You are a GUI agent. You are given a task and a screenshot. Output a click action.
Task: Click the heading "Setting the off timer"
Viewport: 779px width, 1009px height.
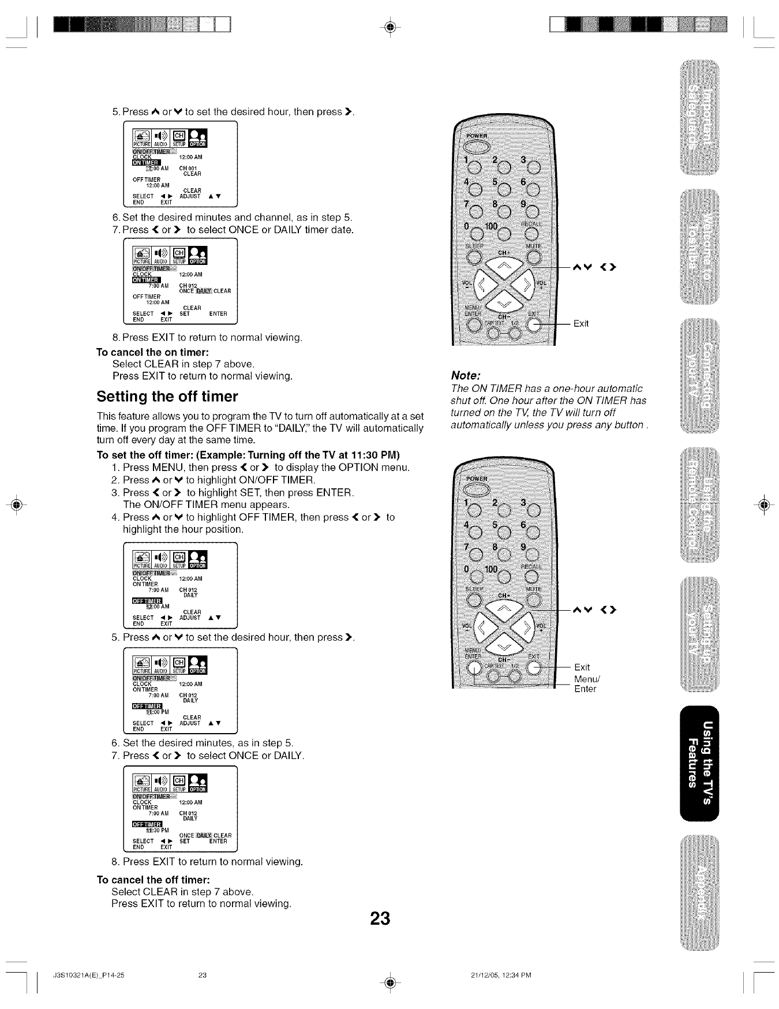[167, 397]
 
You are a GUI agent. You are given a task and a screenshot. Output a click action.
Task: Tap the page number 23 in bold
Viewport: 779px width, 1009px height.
[381, 918]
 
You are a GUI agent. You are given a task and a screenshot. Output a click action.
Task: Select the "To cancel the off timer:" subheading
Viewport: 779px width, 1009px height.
[152, 879]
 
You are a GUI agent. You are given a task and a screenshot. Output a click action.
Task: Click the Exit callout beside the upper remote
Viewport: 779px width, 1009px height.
[581, 323]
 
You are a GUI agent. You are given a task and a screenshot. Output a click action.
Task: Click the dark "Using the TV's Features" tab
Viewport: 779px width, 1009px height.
[700, 761]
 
